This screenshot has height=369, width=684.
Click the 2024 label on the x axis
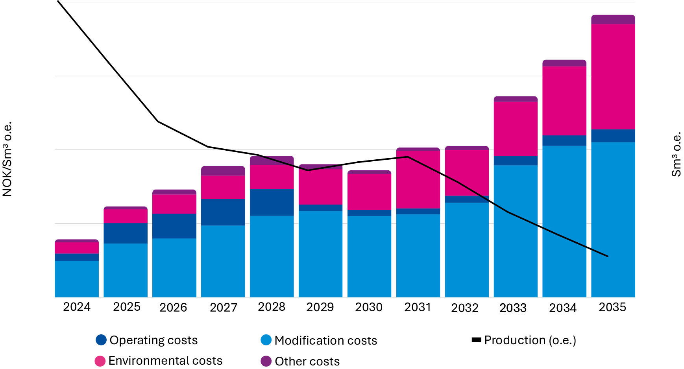tap(77, 307)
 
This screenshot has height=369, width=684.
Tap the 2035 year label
tap(612, 307)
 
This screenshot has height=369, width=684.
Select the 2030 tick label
tap(369, 307)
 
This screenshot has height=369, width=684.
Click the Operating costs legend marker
tap(101, 340)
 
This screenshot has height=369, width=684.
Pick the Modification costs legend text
tap(325, 340)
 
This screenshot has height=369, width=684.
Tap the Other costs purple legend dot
tap(266, 361)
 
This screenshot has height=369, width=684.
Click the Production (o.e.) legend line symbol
tap(476, 340)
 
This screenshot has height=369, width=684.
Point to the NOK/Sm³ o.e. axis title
tap(7, 159)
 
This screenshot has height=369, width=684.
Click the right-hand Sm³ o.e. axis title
tap(676, 154)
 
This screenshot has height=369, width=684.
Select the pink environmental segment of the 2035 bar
tap(613, 77)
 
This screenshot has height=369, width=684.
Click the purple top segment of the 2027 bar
tap(223, 171)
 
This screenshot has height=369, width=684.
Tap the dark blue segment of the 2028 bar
tap(272, 202)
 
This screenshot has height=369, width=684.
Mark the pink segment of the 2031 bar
tap(418, 179)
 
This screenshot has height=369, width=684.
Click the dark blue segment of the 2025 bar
tap(126, 233)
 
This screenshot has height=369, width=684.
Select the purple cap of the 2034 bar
tap(564, 63)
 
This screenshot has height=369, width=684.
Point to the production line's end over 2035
tap(608, 256)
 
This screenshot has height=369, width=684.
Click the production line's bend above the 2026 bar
tap(158, 122)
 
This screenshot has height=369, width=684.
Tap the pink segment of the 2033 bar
tap(516, 129)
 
